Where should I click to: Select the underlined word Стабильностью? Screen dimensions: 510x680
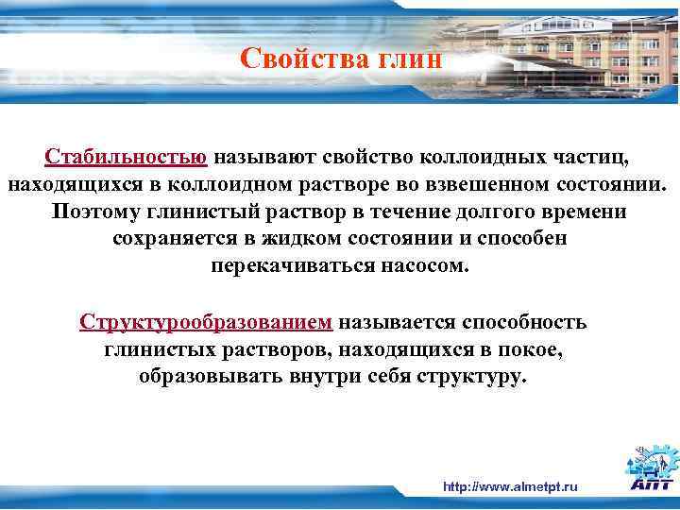126,155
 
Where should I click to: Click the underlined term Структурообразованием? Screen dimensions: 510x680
206,323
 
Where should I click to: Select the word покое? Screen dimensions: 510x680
533,350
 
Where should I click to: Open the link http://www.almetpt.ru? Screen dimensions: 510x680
510,487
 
